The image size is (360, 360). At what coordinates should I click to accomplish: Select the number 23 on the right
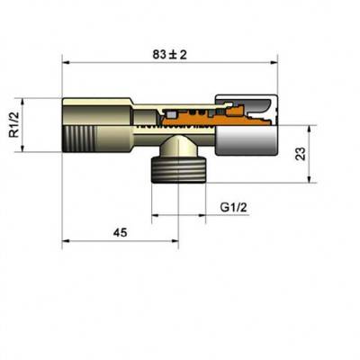[300, 153]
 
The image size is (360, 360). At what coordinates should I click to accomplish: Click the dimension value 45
[119, 232]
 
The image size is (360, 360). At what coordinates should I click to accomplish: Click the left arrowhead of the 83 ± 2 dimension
[65, 62]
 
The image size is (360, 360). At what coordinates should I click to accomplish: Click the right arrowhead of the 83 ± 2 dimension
[275, 62]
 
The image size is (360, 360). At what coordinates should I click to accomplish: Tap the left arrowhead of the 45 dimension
[65, 241]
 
